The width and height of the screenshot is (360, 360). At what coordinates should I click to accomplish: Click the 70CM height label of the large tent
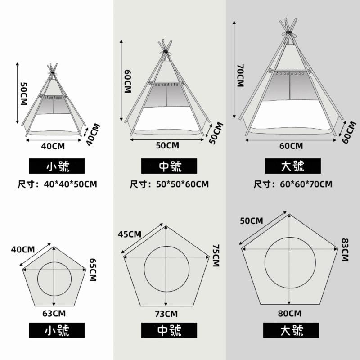point(240,76)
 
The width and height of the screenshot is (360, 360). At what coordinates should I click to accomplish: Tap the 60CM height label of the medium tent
point(128,81)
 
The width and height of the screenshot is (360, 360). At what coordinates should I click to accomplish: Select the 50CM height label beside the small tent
point(24,94)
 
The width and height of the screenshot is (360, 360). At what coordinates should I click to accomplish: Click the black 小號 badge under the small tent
point(57,166)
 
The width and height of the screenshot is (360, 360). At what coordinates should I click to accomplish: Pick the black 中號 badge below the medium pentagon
point(169,330)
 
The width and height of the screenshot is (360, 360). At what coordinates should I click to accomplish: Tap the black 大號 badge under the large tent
point(293,166)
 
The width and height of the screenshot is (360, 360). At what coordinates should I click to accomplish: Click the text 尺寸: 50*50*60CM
point(170,184)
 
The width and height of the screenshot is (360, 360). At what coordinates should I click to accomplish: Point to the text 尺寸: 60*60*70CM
point(293,184)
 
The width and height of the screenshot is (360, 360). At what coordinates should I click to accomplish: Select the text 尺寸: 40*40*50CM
point(58,184)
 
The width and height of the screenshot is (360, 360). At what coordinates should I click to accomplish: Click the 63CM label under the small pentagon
point(54,314)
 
